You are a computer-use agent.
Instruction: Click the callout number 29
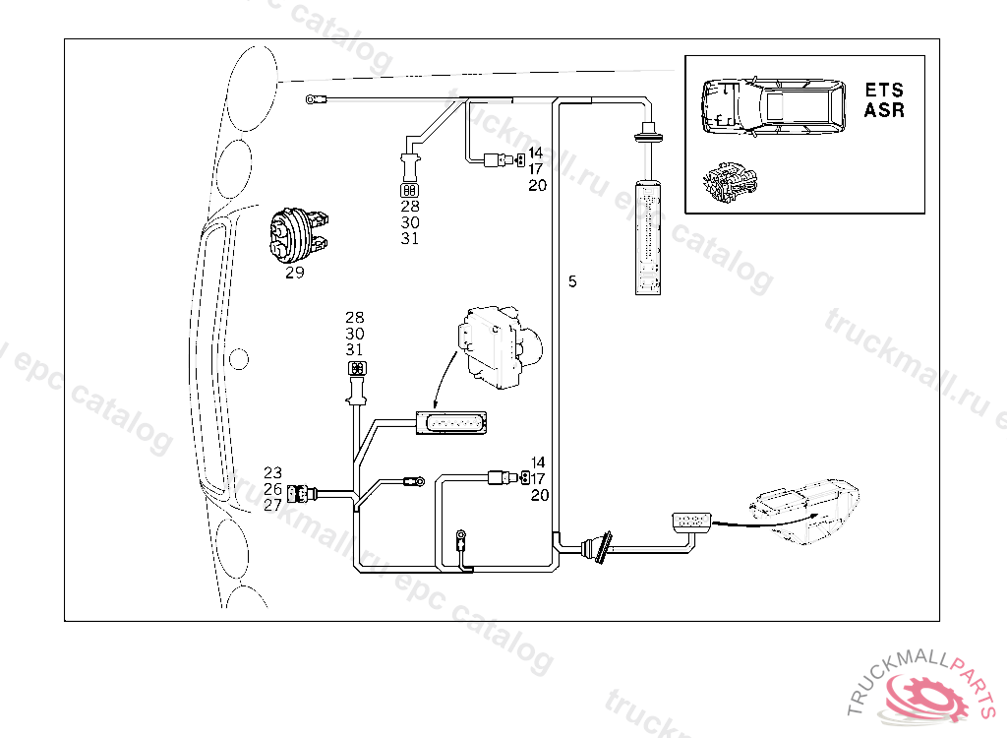tap(295, 274)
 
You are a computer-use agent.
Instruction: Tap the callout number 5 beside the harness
tap(572, 281)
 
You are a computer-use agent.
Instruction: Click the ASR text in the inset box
tap(884, 110)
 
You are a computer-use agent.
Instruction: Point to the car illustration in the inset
tap(773, 106)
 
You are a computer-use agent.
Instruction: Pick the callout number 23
tap(272, 472)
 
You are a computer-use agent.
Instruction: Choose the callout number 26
tap(272, 488)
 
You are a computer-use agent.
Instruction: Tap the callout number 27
tap(272, 504)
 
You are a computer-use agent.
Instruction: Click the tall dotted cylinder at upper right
tap(649, 236)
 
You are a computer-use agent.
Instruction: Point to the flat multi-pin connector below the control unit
tap(452, 422)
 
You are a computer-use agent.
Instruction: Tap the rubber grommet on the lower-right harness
tap(597, 546)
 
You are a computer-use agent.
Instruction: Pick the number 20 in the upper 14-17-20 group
tap(537, 185)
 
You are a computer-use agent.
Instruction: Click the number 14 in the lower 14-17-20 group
tap(538, 462)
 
